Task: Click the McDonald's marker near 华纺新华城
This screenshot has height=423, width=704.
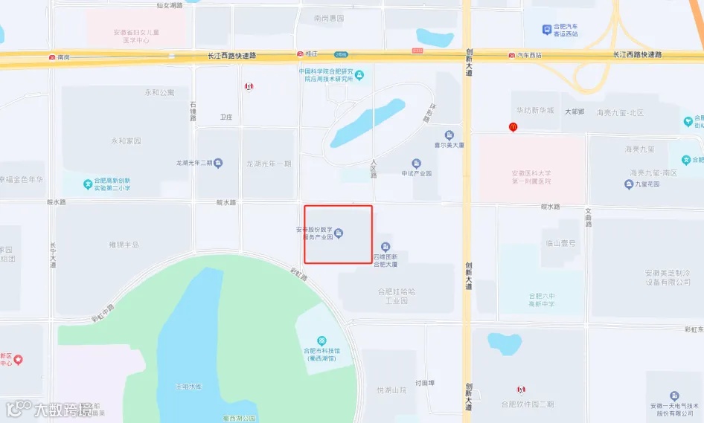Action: [x=513, y=127]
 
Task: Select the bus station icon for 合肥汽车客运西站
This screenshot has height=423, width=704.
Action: [x=548, y=30]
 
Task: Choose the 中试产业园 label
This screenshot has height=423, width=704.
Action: [x=417, y=174]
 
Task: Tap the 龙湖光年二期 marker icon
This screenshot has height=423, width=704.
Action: [x=218, y=164]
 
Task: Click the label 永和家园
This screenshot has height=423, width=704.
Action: [x=126, y=141]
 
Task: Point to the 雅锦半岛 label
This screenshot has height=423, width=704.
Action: [x=124, y=244]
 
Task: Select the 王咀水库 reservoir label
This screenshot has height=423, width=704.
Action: [x=188, y=387]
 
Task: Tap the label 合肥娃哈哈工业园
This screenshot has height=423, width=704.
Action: [x=394, y=296]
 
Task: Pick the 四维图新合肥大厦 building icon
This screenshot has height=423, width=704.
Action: [x=385, y=247]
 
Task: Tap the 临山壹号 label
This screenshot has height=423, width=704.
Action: [x=560, y=242]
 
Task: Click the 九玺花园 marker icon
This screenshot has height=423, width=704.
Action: [x=628, y=184]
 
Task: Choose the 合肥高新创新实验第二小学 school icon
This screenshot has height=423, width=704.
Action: [x=88, y=184]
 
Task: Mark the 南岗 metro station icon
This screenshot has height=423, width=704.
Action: [x=51, y=56]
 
